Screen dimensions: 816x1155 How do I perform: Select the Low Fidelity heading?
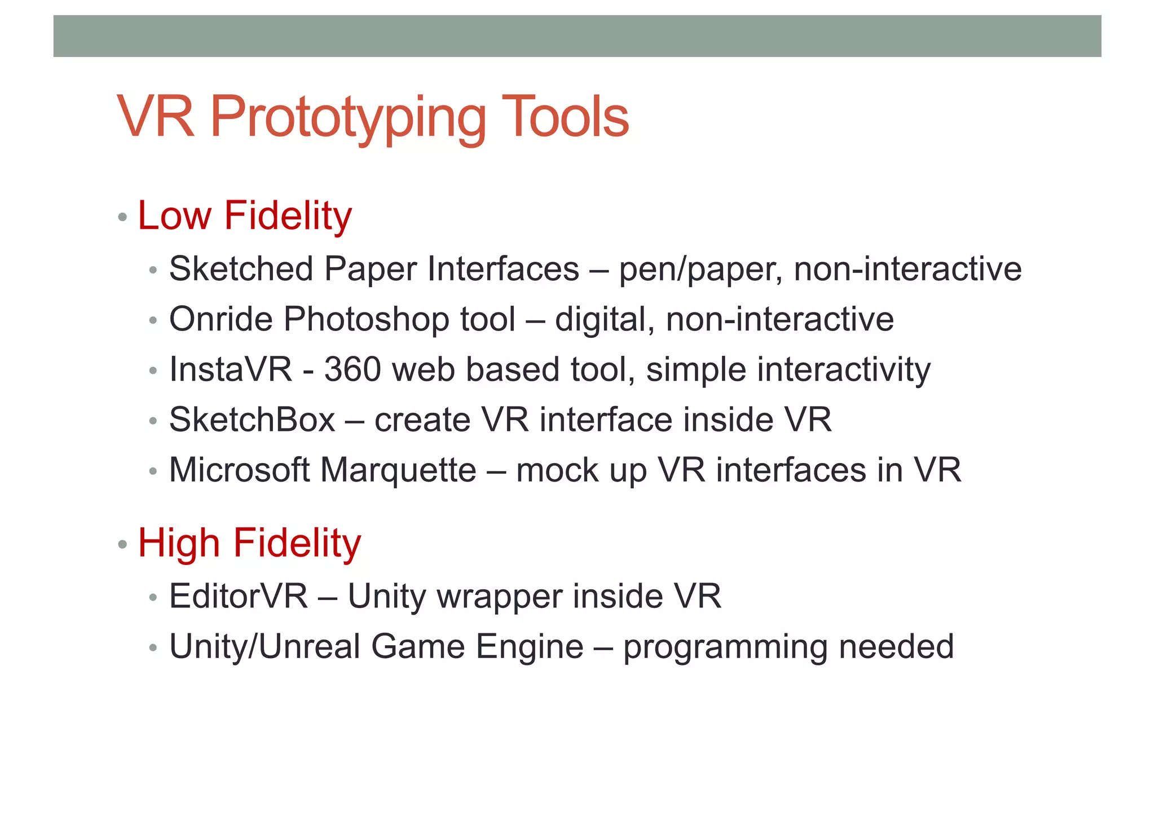[244, 216]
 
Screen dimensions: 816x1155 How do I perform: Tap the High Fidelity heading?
[249, 543]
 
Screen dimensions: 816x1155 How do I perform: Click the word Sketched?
[241, 268]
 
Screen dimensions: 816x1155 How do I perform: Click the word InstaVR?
[231, 369]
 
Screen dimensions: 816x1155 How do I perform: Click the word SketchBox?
[252, 420]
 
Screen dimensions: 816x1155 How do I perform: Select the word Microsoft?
[239, 470]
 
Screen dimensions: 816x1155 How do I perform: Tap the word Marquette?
[398, 470]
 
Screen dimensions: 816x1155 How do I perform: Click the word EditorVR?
[239, 596]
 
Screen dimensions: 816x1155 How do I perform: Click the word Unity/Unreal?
[264, 646]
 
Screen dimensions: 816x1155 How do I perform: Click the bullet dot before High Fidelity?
[122, 545]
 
